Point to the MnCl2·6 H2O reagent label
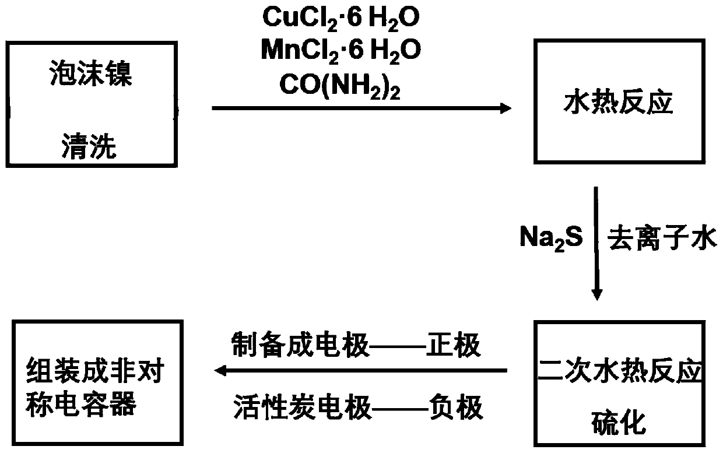click(x=341, y=51)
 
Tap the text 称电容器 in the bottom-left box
click(x=81, y=402)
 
